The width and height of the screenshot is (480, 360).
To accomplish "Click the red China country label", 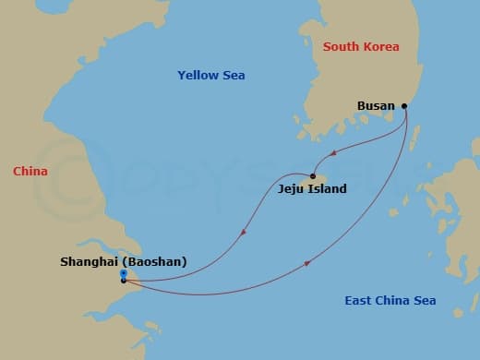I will click(30, 172).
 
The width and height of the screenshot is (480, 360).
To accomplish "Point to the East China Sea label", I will click(390, 301).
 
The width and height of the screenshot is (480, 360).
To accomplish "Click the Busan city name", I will click(375, 106).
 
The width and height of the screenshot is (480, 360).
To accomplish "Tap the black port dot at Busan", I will click(404, 106).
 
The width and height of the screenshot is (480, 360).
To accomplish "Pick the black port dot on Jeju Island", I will click(313, 177).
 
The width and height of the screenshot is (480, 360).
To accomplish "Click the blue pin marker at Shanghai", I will click(124, 273).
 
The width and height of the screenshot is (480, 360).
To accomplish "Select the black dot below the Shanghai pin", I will click(124, 281).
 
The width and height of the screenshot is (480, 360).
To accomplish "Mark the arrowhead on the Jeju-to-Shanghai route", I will click(242, 233).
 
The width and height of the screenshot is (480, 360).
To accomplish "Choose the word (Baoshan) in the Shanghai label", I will click(155, 262).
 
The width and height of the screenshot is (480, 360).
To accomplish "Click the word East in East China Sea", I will click(358, 301).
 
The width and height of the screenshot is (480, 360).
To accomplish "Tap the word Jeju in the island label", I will click(291, 189).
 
